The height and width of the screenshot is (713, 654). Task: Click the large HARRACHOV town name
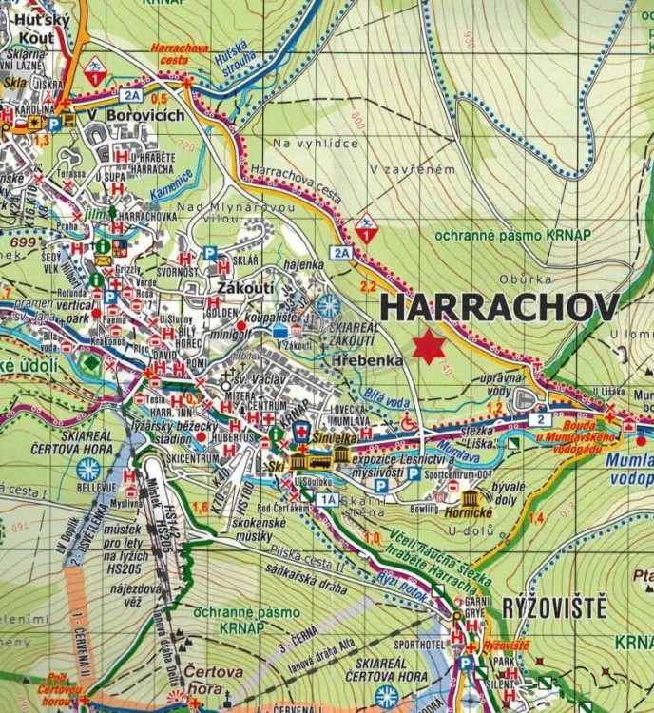tap(499, 307)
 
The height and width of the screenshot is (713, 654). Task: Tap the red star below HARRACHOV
tap(429, 347)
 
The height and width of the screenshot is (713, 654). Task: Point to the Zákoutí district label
tap(246, 288)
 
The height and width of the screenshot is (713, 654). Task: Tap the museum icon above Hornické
tap(470, 499)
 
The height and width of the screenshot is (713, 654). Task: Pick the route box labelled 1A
tap(328, 499)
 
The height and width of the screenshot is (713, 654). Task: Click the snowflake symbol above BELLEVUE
tap(88, 468)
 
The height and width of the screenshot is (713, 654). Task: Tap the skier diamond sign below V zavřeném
tap(366, 231)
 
